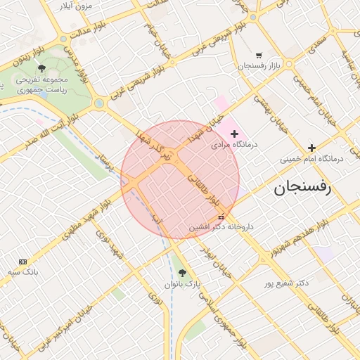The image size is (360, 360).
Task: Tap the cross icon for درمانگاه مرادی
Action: [x=235, y=134]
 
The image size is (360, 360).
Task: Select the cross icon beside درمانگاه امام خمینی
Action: [x=311, y=148]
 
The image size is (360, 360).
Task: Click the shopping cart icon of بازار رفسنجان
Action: [x=259, y=55]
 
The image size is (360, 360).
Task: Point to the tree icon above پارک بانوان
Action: [x=183, y=272]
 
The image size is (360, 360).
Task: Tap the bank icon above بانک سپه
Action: [x=22, y=261]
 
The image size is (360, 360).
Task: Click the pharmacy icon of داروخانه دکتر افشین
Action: [x=222, y=217]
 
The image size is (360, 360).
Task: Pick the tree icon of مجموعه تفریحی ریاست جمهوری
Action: [x=41, y=69]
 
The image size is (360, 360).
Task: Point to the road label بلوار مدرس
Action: [x=79, y=60]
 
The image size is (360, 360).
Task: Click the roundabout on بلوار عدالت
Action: [x=64, y=39]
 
